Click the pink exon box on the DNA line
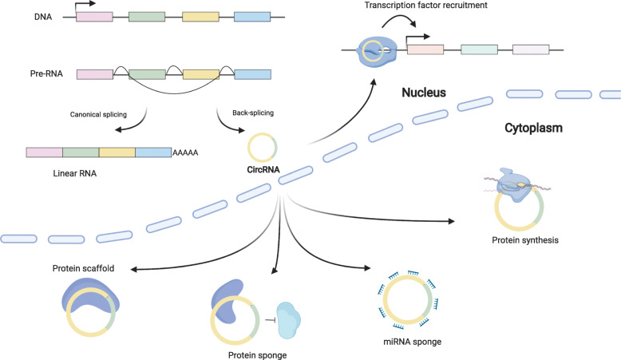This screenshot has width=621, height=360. (94, 17)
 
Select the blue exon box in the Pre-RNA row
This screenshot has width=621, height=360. (253, 74)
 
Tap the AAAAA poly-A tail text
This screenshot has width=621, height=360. (185, 153)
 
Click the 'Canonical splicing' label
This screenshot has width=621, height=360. (98, 114)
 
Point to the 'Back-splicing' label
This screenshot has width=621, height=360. (253, 113)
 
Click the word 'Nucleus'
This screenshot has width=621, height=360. (424, 93)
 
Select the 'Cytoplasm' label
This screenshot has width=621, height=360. (533, 128)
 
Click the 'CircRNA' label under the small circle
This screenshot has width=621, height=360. (263, 169)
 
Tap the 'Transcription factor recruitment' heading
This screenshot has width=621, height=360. (425, 5)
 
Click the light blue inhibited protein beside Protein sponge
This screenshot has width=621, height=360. (289, 320)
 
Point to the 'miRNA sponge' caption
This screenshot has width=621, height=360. (413, 342)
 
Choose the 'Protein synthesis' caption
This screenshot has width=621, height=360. (525, 240)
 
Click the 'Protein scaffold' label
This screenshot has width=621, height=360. (83, 268)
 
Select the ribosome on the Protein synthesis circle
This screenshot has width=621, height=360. (516, 185)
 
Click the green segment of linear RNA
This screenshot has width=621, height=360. (81, 152)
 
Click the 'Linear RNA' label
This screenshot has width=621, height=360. (75, 173)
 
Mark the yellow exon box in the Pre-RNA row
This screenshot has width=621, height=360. (201, 74)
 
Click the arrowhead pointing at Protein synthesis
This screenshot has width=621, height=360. (451, 221)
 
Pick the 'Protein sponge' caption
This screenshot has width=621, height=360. (258, 355)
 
